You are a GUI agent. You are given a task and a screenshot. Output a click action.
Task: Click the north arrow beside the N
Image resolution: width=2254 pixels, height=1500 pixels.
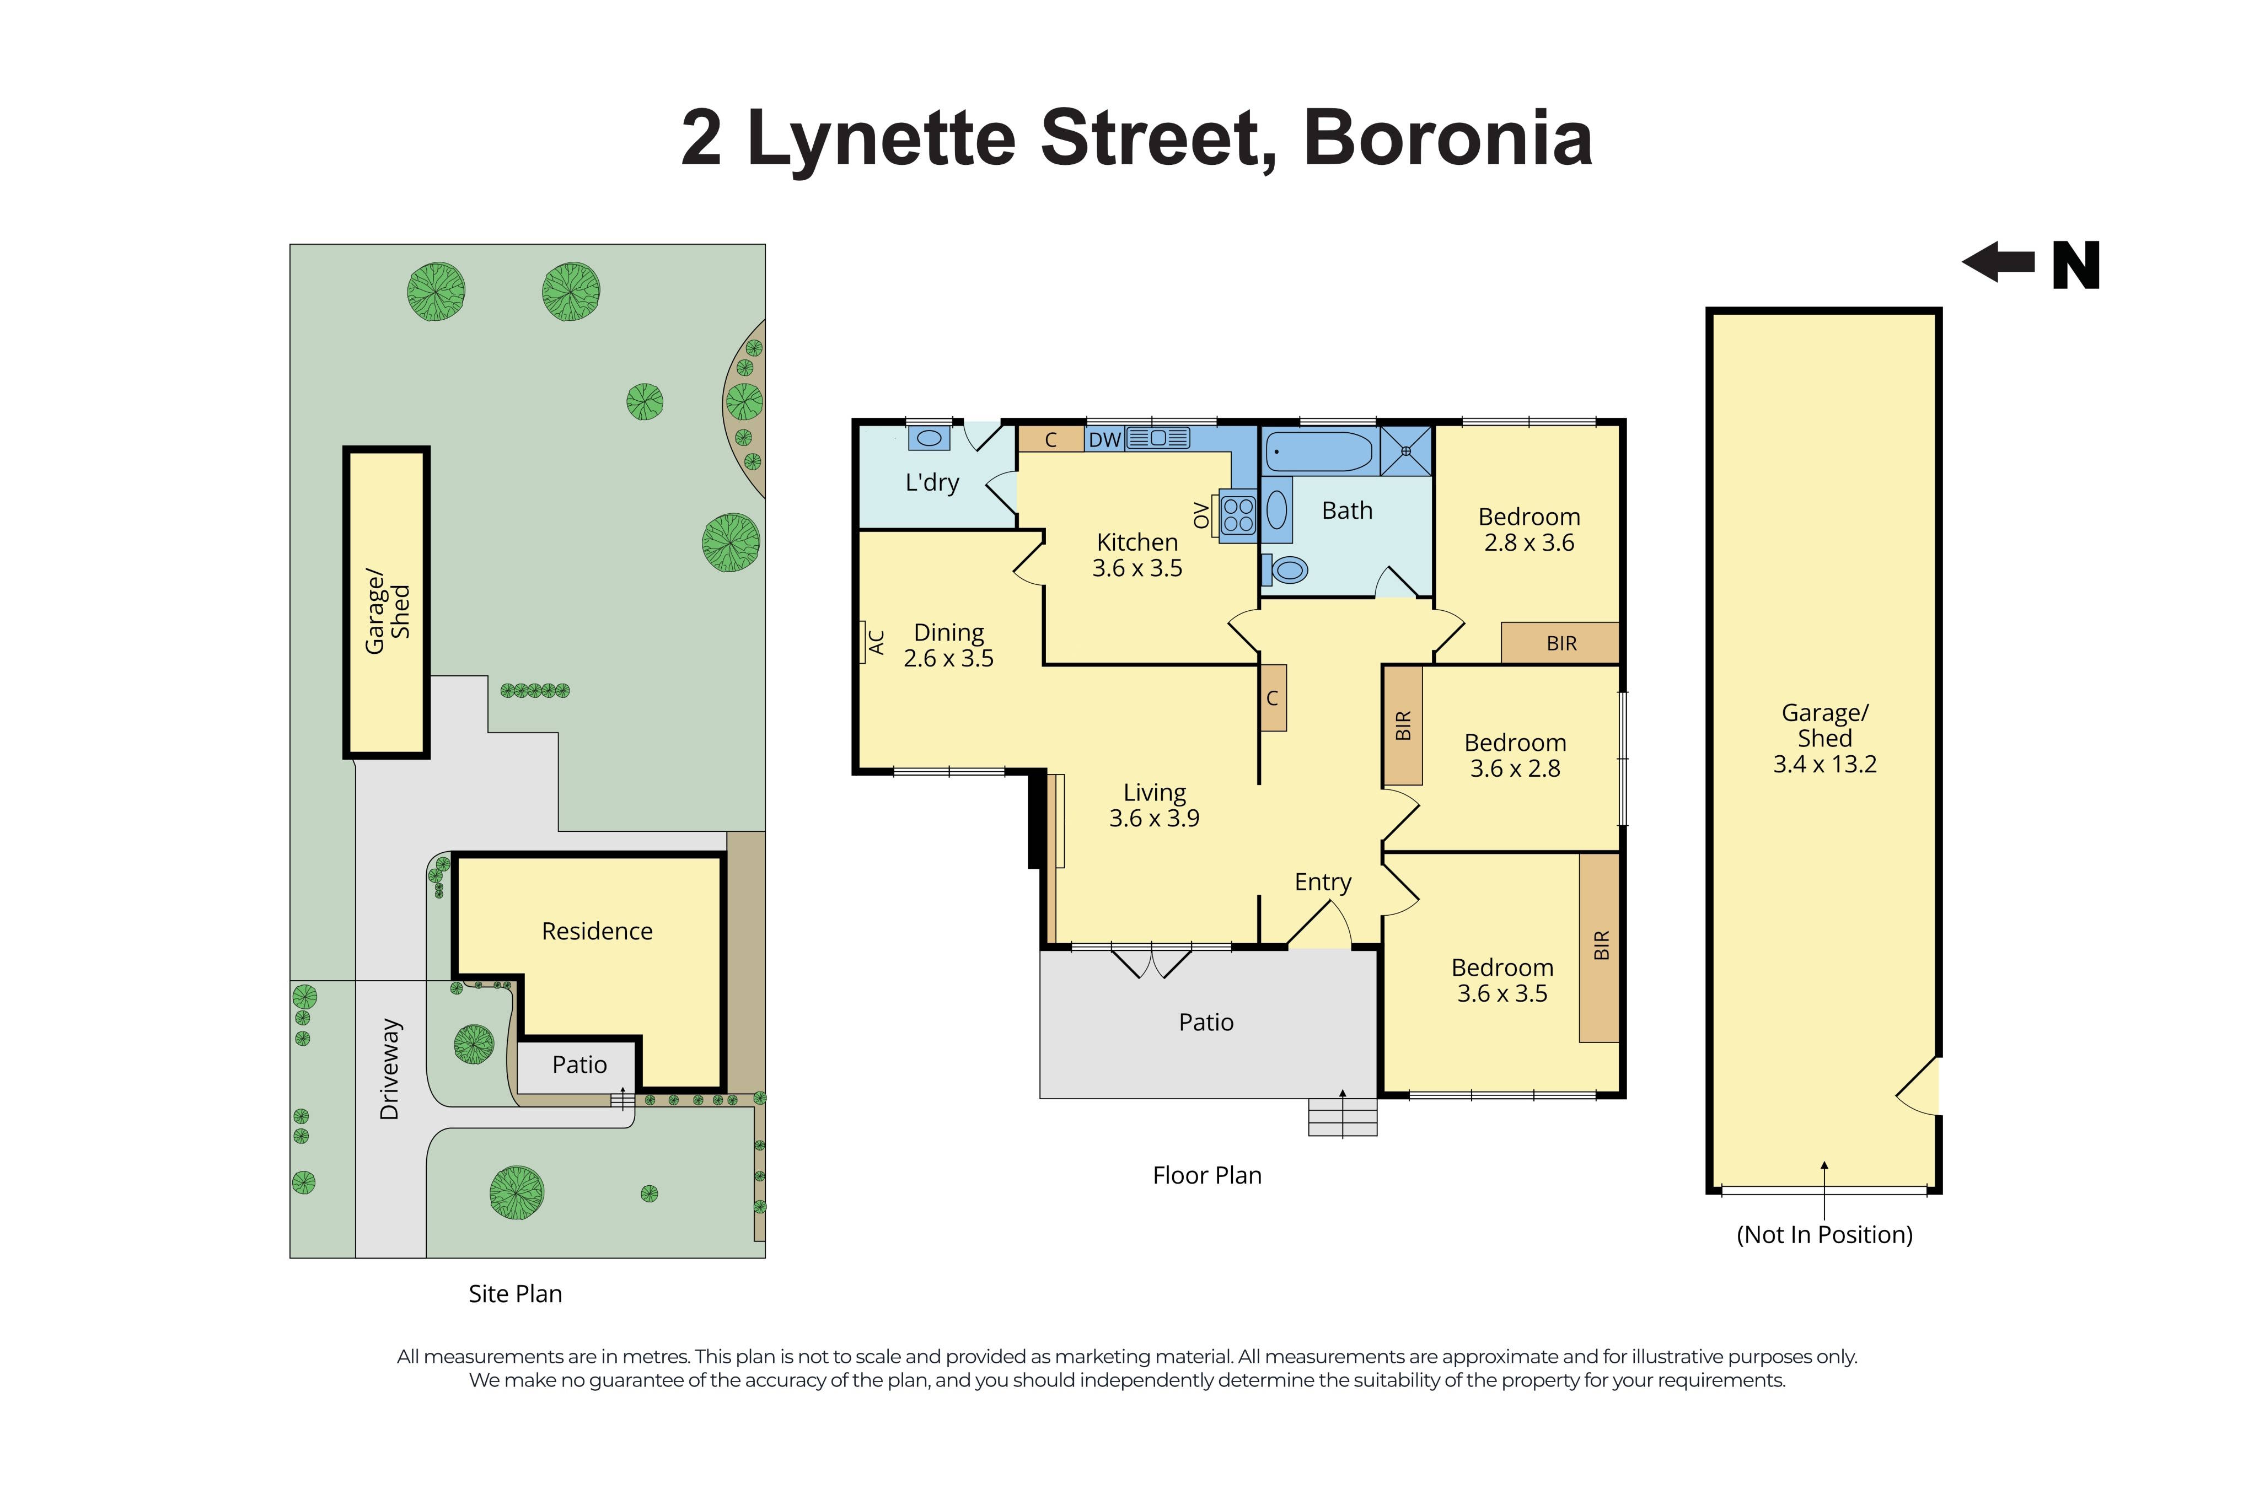1998,261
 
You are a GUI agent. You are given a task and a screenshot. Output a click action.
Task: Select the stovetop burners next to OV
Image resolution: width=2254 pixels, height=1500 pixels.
1237,515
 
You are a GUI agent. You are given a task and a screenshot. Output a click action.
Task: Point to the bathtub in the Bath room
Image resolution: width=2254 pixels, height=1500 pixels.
1318,451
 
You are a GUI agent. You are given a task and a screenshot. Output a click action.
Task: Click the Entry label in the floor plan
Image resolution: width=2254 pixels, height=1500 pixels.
1322,882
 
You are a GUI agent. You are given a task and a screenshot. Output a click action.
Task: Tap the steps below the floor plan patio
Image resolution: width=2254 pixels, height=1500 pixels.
1341,1117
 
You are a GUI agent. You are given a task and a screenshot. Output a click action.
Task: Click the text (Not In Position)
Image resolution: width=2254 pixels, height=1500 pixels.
1823,1235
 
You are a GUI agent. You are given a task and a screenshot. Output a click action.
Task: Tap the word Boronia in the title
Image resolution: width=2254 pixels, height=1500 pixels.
1447,139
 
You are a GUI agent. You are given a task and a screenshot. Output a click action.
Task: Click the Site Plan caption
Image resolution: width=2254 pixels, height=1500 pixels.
515,1294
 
